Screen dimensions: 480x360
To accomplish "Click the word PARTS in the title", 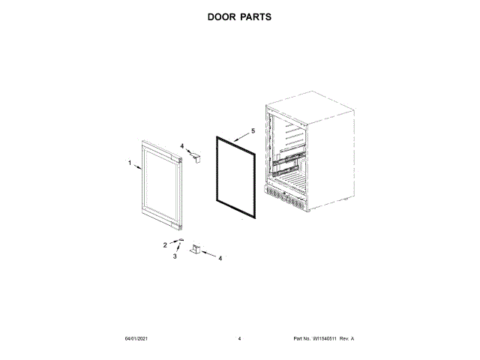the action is [x=256, y=16].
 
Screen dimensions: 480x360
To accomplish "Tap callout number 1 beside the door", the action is [x=129, y=163].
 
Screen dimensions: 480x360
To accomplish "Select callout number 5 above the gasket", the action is [x=253, y=130].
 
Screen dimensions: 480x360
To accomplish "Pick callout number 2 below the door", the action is [x=166, y=244].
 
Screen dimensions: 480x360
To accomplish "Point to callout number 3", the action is [x=175, y=256].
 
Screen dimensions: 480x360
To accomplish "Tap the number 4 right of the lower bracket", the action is [x=220, y=259].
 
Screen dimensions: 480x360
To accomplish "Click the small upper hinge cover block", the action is [x=196, y=157].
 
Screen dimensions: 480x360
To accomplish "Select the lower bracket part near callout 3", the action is [x=197, y=249].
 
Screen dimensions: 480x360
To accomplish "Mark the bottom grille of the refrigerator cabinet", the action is [x=285, y=198].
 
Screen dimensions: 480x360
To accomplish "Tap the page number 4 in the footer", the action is [x=239, y=339].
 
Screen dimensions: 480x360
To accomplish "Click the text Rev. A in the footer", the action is [x=346, y=339].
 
